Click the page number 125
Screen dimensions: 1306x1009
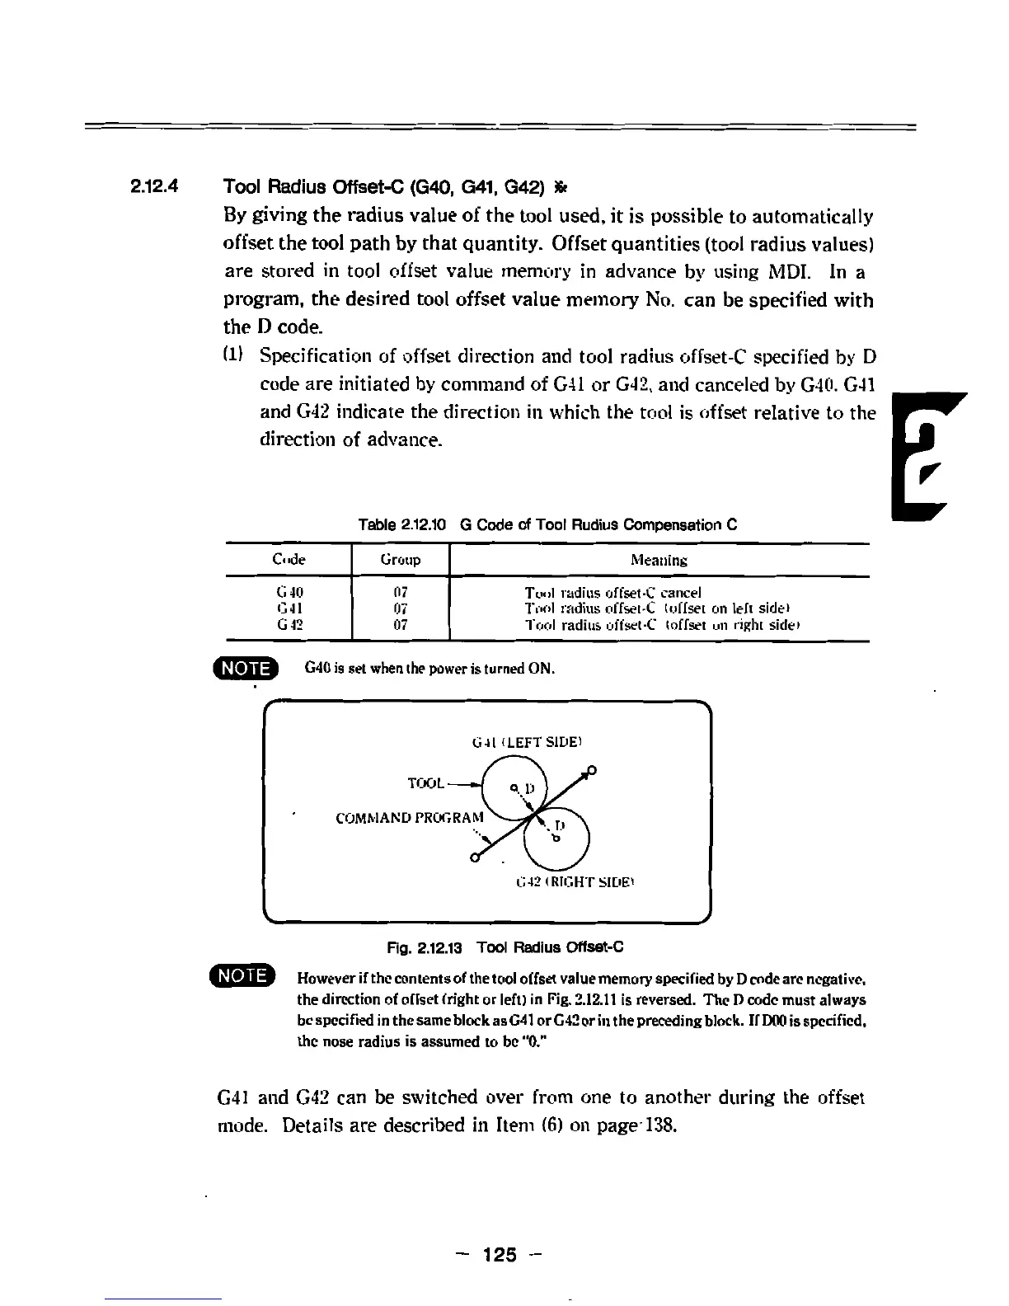pos(500,1255)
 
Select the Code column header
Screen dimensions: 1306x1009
pos(289,560)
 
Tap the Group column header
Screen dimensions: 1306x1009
pos(401,560)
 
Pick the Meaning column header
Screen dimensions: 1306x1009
pos(659,560)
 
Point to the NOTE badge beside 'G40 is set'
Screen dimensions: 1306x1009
pos(246,667)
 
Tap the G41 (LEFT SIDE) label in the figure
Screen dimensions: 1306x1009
pos(528,742)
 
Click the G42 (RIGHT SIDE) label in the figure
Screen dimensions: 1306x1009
pos(575,881)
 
